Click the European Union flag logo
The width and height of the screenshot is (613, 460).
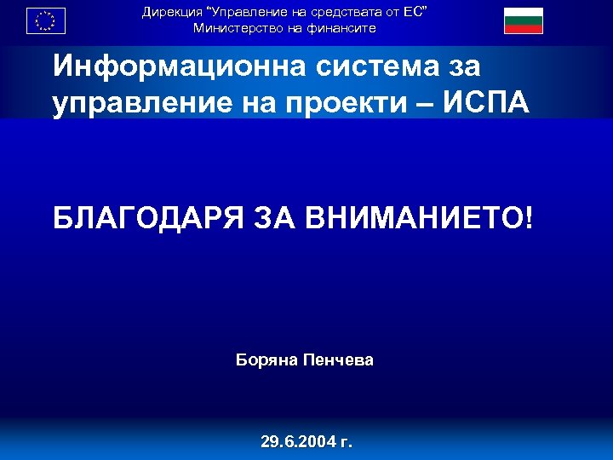[46, 20]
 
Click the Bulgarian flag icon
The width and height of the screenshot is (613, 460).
[523, 20]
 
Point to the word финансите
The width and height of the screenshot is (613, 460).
[340, 28]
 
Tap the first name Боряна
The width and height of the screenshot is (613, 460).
[266, 360]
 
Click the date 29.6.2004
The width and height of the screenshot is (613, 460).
[297, 442]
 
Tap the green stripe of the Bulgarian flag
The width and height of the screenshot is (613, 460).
[523, 20]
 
